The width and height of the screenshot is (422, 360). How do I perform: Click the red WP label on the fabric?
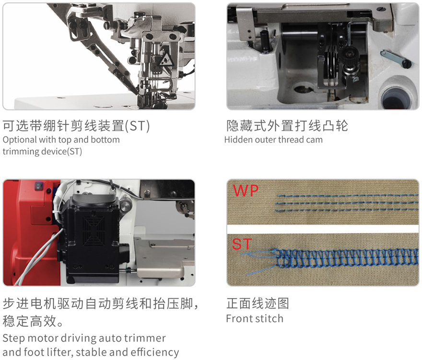(246, 191)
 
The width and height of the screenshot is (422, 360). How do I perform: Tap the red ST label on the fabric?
(242, 244)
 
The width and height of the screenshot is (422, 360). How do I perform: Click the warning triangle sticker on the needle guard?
(165, 60)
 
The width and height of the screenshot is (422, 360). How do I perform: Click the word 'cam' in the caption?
(315, 140)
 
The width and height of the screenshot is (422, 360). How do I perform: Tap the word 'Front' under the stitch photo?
(239, 319)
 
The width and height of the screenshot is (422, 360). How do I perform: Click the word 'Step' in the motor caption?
(14, 338)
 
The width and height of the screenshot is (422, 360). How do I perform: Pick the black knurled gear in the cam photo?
(350, 59)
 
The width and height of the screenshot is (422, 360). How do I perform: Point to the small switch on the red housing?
(39, 185)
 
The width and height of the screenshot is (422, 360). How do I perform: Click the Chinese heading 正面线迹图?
(258, 303)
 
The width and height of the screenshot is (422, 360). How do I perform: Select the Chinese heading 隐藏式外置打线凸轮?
(287, 126)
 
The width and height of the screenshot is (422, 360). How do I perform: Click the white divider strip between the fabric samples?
(323, 229)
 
